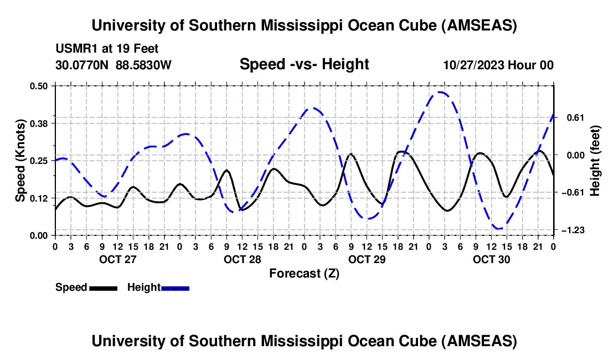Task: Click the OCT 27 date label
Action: pos(117,259)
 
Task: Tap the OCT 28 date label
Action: pos(242,259)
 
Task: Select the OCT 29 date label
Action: pos(367,259)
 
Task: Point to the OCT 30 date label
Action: pos(492,259)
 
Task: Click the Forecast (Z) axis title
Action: pos(304,273)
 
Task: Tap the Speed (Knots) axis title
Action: pos(20,161)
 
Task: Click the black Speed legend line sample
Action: pos(103,287)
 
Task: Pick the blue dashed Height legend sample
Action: pos(175,287)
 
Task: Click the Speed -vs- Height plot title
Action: pos(304,64)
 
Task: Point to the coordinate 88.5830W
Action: pos(143,65)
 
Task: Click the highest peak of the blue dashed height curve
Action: pos(440,92)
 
